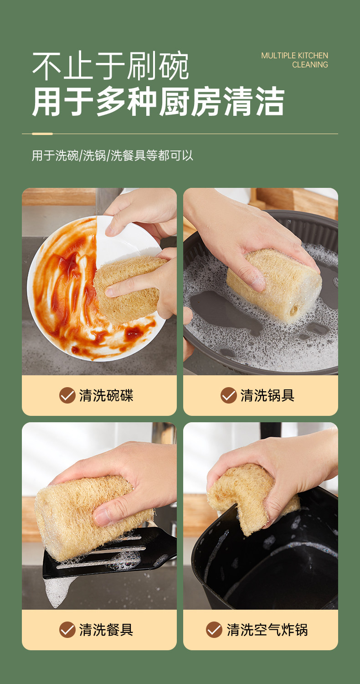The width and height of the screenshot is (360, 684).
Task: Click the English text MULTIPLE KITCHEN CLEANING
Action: point(294,60)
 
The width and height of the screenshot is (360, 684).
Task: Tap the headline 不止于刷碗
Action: point(110,66)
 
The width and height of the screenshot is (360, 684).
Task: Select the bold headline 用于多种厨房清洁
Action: point(158,101)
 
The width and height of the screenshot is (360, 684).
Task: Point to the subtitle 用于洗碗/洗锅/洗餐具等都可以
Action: point(112,155)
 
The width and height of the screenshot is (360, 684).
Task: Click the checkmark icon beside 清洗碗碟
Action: point(67,395)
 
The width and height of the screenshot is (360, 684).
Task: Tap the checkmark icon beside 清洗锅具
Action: point(228,395)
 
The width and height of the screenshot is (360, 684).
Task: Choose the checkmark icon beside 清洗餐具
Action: point(67,630)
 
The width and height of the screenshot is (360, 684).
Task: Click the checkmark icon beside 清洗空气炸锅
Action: point(214,630)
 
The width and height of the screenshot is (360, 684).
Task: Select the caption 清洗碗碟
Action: point(106,395)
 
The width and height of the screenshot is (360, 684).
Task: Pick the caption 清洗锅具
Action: point(267,395)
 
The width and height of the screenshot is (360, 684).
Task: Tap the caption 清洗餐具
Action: point(106,630)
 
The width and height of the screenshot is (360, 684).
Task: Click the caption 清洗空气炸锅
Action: point(267,630)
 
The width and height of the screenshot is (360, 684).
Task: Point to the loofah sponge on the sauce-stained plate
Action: point(128,289)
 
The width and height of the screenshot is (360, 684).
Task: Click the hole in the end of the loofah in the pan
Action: point(294,311)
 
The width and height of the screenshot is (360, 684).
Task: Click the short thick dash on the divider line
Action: point(42,134)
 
